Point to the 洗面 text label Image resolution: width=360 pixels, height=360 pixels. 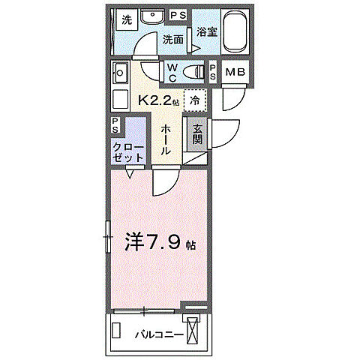[173, 39]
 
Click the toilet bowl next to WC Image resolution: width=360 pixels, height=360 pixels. [195, 73]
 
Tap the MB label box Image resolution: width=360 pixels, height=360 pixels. [235, 73]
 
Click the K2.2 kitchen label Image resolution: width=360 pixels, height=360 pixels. [156, 99]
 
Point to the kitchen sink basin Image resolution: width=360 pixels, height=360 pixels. [120, 73]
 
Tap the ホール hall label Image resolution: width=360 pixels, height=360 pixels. [166, 139]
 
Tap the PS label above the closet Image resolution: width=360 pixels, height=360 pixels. [115, 124]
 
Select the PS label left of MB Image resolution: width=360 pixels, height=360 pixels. [213, 73]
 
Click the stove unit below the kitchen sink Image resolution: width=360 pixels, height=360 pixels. [120, 99]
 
